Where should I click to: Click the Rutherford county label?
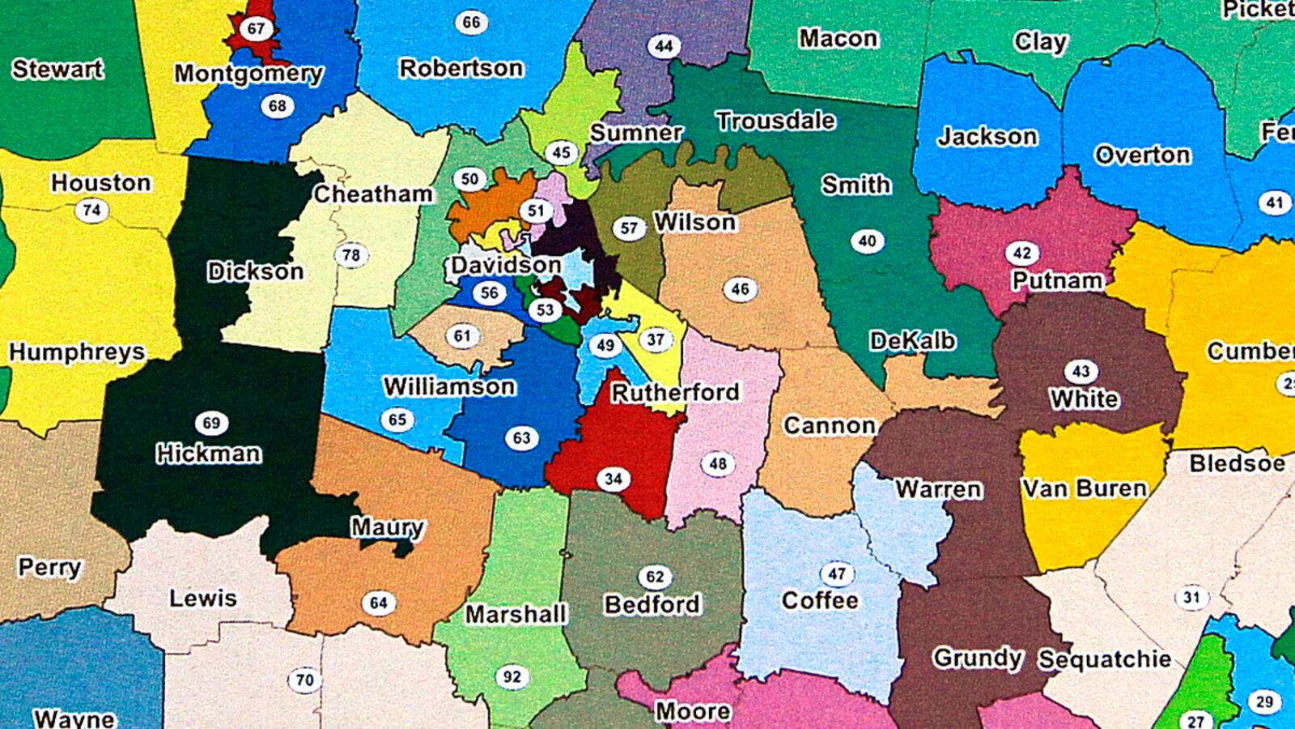[675, 393]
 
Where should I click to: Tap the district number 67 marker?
[256, 29]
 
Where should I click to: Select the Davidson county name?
[506, 265]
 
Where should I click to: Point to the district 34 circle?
[613, 479]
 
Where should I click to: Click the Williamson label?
[449, 386]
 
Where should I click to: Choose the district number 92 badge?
[512, 676]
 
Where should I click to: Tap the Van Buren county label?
[1085, 488]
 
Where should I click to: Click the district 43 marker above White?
[1081, 372]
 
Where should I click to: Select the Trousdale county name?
[775, 121]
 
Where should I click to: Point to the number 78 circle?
[350, 256]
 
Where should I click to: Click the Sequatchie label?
[1105, 659]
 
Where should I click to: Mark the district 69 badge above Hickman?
[211, 423]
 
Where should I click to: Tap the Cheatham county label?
[373, 194]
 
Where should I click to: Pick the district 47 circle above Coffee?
[837, 574]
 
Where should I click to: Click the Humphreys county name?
[77, 352]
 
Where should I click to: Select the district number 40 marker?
[867, 241]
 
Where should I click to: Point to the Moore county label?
[693, 711]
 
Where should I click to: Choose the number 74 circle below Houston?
[91, 211]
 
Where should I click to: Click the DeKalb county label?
[912, 341]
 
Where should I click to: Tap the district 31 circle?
[1191, 598]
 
